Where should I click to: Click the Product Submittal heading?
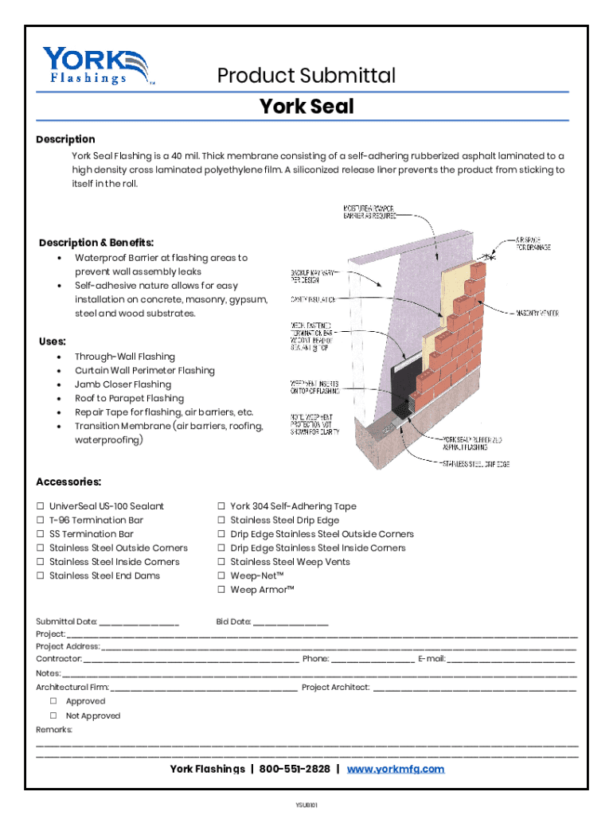coord(306,76)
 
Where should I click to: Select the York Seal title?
coord(306,106)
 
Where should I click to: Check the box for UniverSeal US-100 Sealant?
coord(41,506)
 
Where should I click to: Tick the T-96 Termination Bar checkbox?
coord(41,521)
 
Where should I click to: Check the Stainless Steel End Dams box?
coord(41,576)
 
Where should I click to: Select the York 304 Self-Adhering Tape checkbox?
coord(222,506)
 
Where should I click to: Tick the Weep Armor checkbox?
coord(222,590)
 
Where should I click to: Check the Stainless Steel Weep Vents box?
coord(222,562)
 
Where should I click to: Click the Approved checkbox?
coord(54,701)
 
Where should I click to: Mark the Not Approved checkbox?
coord(54,716)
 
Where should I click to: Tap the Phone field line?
coord(373,660)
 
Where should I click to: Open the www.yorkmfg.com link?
coord(395,769)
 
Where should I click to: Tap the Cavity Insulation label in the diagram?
coord(312,299)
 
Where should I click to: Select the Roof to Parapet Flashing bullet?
coord(129,398)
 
